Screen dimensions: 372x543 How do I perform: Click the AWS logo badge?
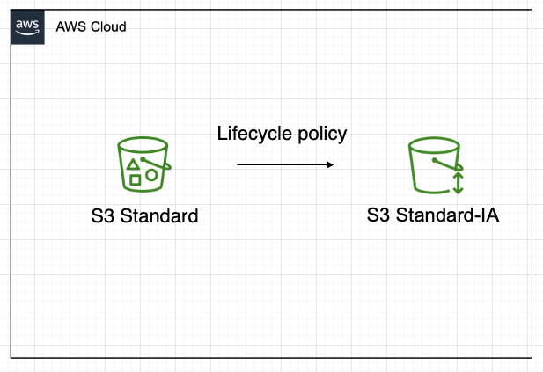tap(27, 26)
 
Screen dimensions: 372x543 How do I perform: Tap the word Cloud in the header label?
tap(108, 27)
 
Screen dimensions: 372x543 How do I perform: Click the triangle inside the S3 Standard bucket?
tap(133, 164)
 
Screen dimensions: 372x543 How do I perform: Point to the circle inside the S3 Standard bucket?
tap(151, 174)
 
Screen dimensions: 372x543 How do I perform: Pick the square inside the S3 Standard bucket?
tap(135, 180)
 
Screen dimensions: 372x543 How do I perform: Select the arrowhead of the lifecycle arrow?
tap(330, 164)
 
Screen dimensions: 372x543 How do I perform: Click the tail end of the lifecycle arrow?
tap(238, 164)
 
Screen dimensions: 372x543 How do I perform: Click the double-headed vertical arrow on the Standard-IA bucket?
tap(458, 183)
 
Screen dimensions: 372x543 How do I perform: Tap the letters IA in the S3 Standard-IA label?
tap(489, 215)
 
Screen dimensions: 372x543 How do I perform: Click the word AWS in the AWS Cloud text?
tap(70, 27)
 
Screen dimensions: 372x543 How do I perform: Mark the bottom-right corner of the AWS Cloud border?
tap(532, 358)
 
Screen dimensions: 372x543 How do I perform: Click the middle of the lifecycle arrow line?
tap(285, 164)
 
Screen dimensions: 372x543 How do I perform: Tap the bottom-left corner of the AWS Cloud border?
tap(11, 358)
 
